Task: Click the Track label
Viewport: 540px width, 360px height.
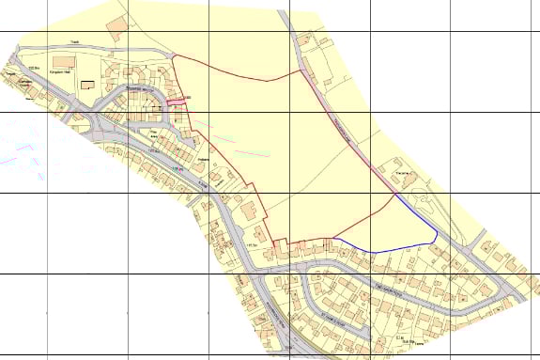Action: click(75, 41)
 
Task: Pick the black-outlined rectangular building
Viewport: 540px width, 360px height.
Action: click(88, 84)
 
